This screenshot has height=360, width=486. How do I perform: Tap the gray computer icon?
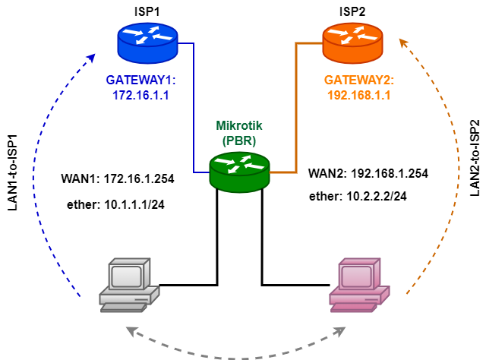click(128, 285)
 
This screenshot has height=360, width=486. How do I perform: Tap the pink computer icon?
click(359, 285)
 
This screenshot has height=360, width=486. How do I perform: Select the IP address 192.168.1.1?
click(359, 96)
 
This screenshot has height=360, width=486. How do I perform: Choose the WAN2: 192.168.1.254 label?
click(368, 173)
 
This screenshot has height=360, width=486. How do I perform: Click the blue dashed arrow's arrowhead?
click(93, 57)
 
